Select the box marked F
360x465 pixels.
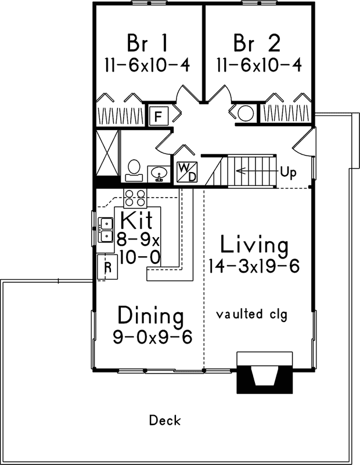159,116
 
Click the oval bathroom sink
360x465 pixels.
159,173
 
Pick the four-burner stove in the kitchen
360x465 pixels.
135,199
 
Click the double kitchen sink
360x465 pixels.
106,230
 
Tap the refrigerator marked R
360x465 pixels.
107,268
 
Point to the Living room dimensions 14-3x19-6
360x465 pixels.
254,266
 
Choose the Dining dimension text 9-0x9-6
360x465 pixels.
152,337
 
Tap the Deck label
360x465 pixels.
165,420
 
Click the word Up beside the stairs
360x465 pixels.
288,171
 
